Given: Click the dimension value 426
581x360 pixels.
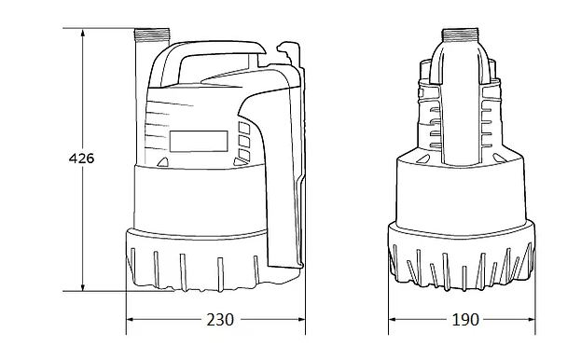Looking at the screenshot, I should [83, 159].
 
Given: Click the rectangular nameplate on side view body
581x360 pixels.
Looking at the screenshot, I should [199, 141].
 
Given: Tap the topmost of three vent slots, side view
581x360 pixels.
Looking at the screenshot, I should [244, 128].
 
